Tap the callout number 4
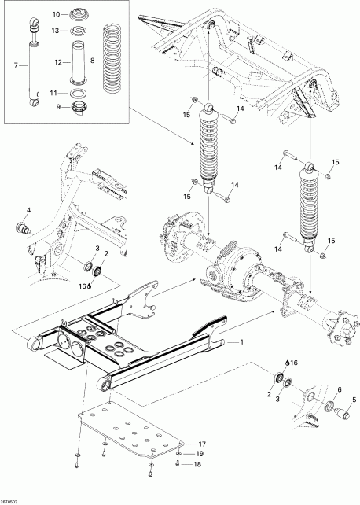coord(28,209)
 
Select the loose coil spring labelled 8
coord(117,59)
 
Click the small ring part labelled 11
coord(78,92)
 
